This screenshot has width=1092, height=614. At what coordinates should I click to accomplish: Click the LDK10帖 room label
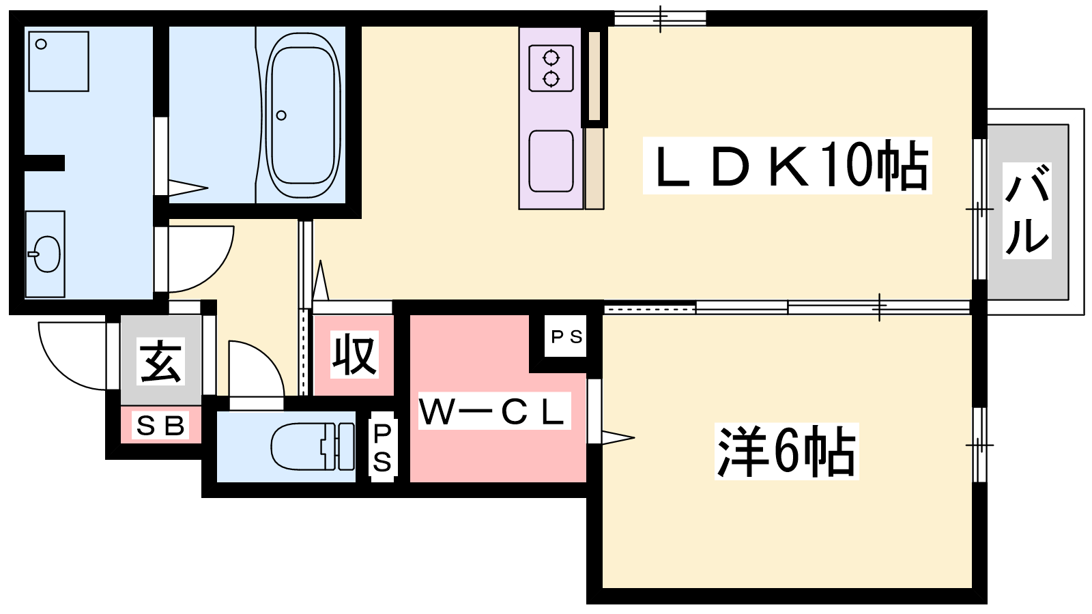(x=788, y=166)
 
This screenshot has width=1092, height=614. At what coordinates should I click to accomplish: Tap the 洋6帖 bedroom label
(x=786, y=451)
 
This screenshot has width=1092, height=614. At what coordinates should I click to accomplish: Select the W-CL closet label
(x=494, y=411)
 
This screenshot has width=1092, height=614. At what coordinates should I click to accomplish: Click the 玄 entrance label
(x=161, y=361)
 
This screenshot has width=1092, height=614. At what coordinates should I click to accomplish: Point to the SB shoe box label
(x=161, y=426)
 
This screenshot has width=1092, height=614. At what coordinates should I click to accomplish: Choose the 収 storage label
(x=354, y=354)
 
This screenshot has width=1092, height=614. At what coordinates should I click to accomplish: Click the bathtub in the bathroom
(x=303, y=115)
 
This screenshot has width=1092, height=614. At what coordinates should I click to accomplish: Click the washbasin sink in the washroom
(x=46, y=254)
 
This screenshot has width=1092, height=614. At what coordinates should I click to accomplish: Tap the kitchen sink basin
(x=551, y=161)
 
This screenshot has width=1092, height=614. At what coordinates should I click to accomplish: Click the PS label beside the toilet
(x=382, y=447)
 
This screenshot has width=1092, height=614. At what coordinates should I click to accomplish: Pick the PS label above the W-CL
(x=566, y=336)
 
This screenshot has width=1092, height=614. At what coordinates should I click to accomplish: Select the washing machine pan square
(x=59, y=61)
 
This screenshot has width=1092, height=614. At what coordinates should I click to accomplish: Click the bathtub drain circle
(x=281, y=115)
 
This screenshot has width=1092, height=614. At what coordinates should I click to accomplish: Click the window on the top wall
(x=660, y=18)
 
